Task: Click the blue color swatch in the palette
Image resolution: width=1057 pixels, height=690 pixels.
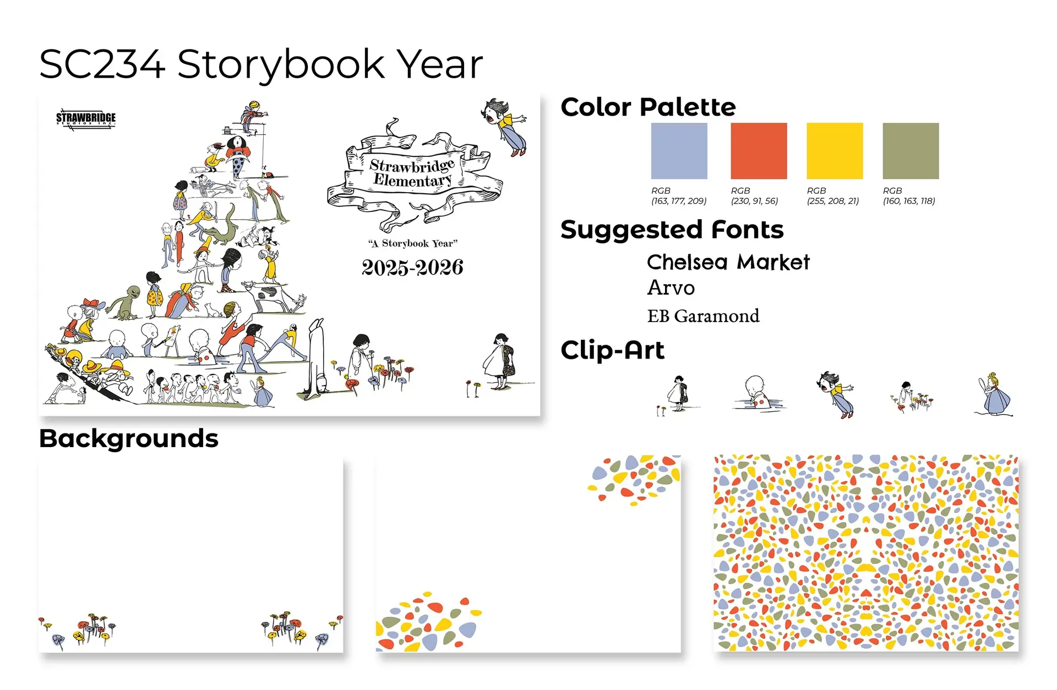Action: coord(679,151)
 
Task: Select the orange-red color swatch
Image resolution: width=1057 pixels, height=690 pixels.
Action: coord(759,151)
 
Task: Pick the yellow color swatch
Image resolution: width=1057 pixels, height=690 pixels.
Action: coord(835,151)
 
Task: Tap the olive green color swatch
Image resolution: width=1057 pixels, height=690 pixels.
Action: coord(911,151)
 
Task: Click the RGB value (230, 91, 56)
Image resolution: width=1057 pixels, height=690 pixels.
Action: coord(754,201)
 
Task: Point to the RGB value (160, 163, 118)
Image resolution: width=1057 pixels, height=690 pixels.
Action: coord(909,201)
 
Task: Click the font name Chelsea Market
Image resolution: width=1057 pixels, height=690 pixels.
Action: coord(728,262)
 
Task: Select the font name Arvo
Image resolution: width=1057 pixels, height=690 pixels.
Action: coord(671,287)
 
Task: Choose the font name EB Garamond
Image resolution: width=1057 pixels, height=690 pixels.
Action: coord(703,316)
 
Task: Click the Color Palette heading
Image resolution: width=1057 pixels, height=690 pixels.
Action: coord(648,107)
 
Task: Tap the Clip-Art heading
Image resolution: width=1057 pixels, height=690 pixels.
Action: coord(612,350)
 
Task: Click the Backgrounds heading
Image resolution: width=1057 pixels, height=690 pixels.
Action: coord(129,439)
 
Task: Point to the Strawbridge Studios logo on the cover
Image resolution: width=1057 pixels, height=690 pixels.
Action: coord(86,118)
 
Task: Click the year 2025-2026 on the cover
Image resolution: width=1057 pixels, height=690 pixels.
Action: coord(412,268)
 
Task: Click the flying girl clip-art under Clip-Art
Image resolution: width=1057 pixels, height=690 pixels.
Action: coord(835,394)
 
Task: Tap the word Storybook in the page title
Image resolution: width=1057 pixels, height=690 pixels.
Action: coord(281,65)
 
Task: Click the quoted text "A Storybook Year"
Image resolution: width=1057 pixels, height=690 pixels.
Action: coord(413,243)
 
